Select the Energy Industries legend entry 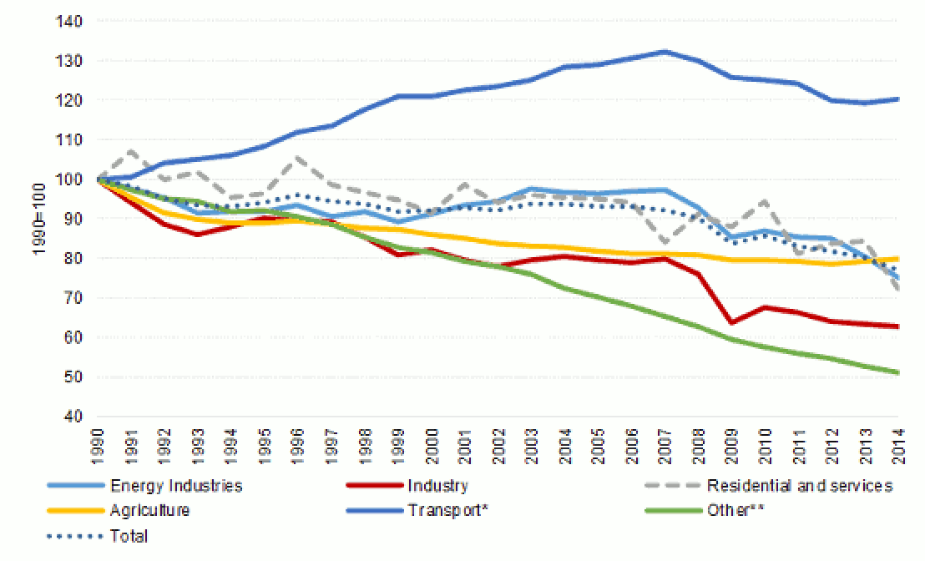[x=175, y=486]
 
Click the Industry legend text [x=438, y=486]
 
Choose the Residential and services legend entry [x=800, y=486]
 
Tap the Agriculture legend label [x=149, y=511]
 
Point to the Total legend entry [x=129, y=536]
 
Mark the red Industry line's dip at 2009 [x=730, y=322]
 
